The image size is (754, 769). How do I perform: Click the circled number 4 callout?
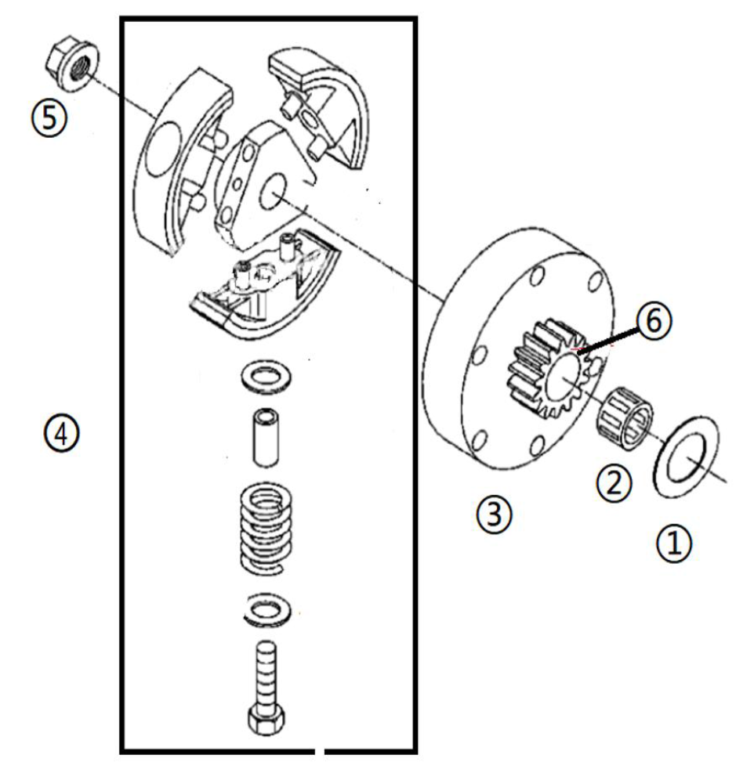coord(62,432)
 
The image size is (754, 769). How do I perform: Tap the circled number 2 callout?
coord(613,483)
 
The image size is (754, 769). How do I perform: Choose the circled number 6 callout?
coord(654,321)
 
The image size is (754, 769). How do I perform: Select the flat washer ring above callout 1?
coord(685,456)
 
